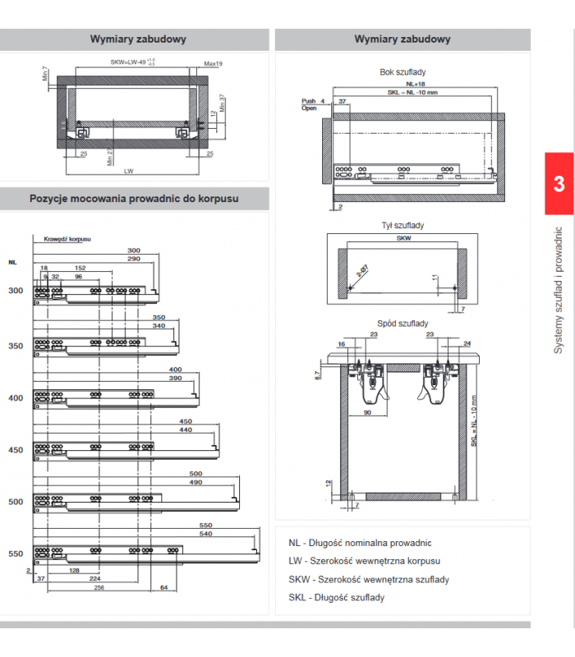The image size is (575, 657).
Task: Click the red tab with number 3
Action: point(559,183)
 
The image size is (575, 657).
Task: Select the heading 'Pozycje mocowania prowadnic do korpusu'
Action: point(134,199)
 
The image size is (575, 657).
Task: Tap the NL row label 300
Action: point(16,292)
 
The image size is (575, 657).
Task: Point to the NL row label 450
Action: point(16,450)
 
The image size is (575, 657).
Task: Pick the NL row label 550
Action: point(16,554)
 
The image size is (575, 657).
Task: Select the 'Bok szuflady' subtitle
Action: point(402,72)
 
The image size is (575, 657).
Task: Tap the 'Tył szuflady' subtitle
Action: point(402,225)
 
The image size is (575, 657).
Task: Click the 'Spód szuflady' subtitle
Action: point(402,324)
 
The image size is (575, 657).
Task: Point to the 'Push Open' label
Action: point(309,104)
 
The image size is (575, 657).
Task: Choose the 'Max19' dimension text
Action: point(214,64)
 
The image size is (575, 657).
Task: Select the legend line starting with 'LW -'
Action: point(364,562)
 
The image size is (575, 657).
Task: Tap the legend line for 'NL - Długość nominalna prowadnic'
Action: point(360,543)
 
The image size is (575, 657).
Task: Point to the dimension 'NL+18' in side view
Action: point(414,84)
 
